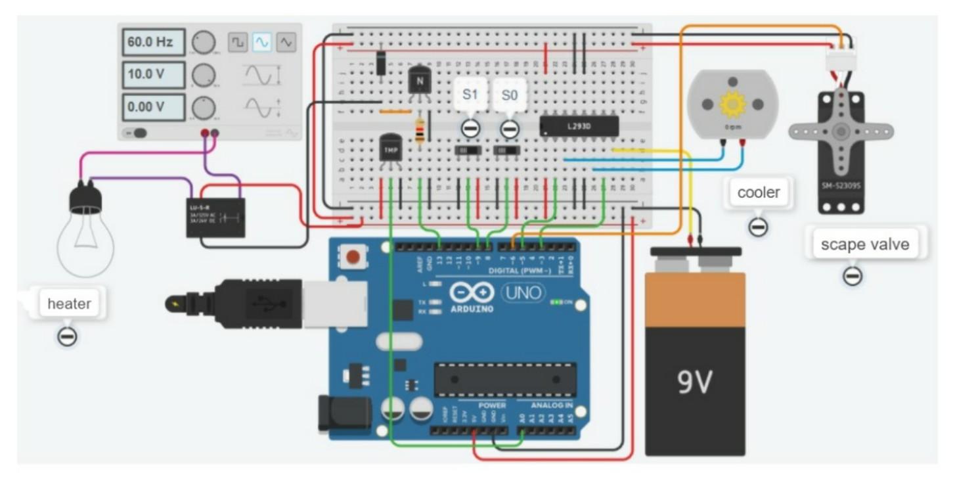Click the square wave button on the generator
238,43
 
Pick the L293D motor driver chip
579,126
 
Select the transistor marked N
418,82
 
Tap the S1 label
470,95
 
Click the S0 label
510,95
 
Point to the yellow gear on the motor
732,104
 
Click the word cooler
759,193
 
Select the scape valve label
865,244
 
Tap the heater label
69,304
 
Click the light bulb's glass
85,243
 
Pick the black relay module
215,217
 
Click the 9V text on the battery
694,381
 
